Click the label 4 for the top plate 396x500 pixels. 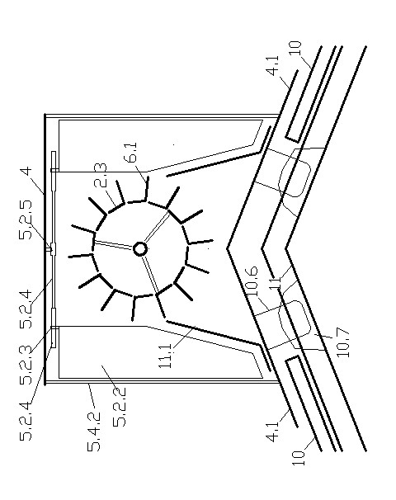pos(27,171)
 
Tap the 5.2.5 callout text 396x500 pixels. pos(26,219)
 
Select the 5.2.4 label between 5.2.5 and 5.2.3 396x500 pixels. pos(26,309)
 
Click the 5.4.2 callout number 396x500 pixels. pos(93,432)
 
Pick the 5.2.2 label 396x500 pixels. pos(120,407)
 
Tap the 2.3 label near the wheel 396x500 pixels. pos(100,175)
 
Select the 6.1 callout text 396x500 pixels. pos(131,153)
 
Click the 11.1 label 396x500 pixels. pos(166,356)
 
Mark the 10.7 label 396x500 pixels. pos(342,342)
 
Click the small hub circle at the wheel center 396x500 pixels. pos(140,248)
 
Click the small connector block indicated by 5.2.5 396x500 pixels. pos(51,248)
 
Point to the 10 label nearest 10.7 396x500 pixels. pos(299,459)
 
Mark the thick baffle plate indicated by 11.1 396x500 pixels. pos(212,333)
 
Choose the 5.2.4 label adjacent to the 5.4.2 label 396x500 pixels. pos(26,421)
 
